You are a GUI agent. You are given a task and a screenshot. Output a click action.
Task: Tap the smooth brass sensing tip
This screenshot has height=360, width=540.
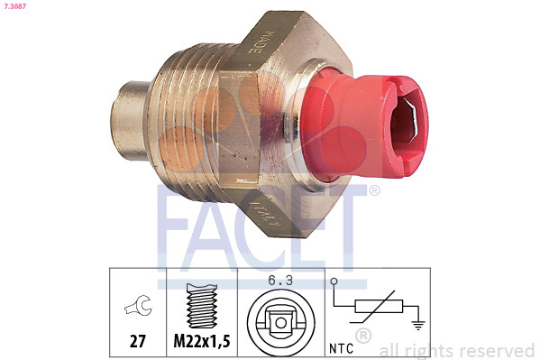click(x=130, y=116)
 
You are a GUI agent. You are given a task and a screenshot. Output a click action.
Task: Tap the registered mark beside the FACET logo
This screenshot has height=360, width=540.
click(x=374, y=190)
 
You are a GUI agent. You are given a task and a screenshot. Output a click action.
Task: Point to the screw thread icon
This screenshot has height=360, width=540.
click(x=200, y=308)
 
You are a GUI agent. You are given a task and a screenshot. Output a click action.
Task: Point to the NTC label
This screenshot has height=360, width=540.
click(x=339, y=347)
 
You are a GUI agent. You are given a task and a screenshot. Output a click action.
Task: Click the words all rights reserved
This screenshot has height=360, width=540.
click(x=457, y=350)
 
